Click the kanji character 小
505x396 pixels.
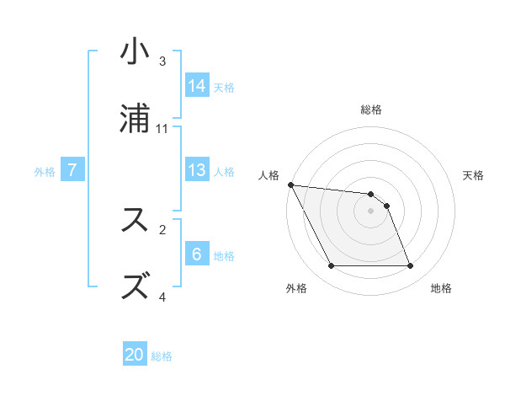pos(135,52)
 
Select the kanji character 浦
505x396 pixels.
pos(135,119)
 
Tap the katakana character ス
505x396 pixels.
pos(135,220)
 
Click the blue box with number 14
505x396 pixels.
pos(197,85)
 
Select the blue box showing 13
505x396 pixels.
pos(197,170)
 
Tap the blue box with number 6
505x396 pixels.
pos(197,254)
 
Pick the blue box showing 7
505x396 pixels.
pos(72,170)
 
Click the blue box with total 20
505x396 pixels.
pos(135,355)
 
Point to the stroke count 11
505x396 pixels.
pos(162,128)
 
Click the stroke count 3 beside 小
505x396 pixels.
pos(162,62)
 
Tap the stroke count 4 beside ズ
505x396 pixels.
pos(162,297)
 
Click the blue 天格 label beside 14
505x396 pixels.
pos(224,87)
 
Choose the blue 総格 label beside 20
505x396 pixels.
pos(162,356)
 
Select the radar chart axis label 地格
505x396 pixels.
pos(441,288)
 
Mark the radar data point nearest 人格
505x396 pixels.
pos(290,185)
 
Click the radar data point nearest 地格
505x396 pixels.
pos(410,266)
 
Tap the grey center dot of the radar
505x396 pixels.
pos(370,211)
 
